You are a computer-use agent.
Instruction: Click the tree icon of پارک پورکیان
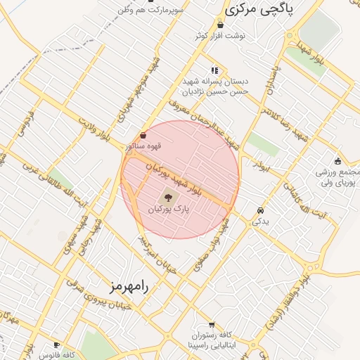coord(168,197)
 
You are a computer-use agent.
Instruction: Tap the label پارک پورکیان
coord(169,210)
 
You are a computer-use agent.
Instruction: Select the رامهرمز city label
coord(131,287)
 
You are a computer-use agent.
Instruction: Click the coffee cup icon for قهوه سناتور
coord(143,135)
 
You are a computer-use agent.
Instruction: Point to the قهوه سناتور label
coord(139,146)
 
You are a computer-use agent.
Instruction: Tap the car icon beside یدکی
coord(261,210)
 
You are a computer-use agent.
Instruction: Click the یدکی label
coord(261,221)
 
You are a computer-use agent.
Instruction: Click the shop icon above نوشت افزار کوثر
coord(221,25)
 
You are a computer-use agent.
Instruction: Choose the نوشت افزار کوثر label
coord(221,36)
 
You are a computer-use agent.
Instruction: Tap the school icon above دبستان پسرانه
coord(214,70)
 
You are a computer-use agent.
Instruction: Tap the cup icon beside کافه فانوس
coord(57,345)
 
